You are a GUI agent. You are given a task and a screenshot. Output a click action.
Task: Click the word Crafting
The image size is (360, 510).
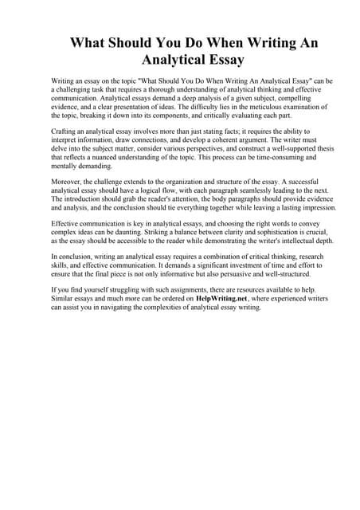click(x=66, y=130)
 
